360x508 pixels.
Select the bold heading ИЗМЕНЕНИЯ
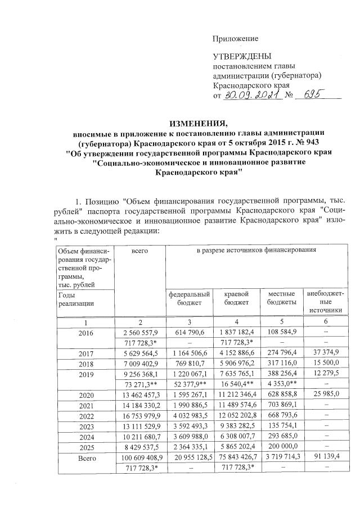click(x=200, y=123)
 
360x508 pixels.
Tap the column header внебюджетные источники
click(x=325, y=301)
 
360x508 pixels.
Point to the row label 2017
click(x=85, y=354)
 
